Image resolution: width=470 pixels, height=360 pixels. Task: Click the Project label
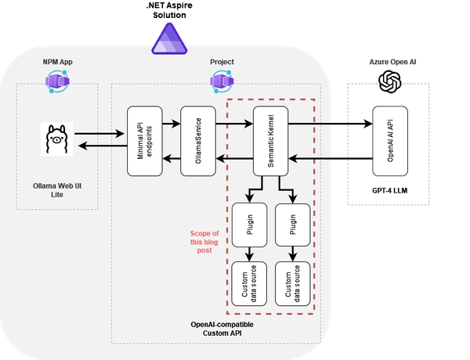(x=222, y=62)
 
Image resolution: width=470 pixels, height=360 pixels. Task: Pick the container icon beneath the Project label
(x=222, y=79)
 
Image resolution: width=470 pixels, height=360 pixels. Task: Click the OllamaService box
(x=197, y=141)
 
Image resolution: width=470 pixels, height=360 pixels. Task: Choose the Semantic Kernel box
(x=270, y=141)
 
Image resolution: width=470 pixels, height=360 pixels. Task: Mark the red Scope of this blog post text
(x=204, y=241)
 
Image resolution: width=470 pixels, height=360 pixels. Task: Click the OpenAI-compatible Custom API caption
(x=222, y=329)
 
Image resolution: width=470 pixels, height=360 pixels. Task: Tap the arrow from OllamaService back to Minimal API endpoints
(x=171, y=159)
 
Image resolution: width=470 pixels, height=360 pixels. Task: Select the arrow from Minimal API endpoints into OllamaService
(x=171, y=123)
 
